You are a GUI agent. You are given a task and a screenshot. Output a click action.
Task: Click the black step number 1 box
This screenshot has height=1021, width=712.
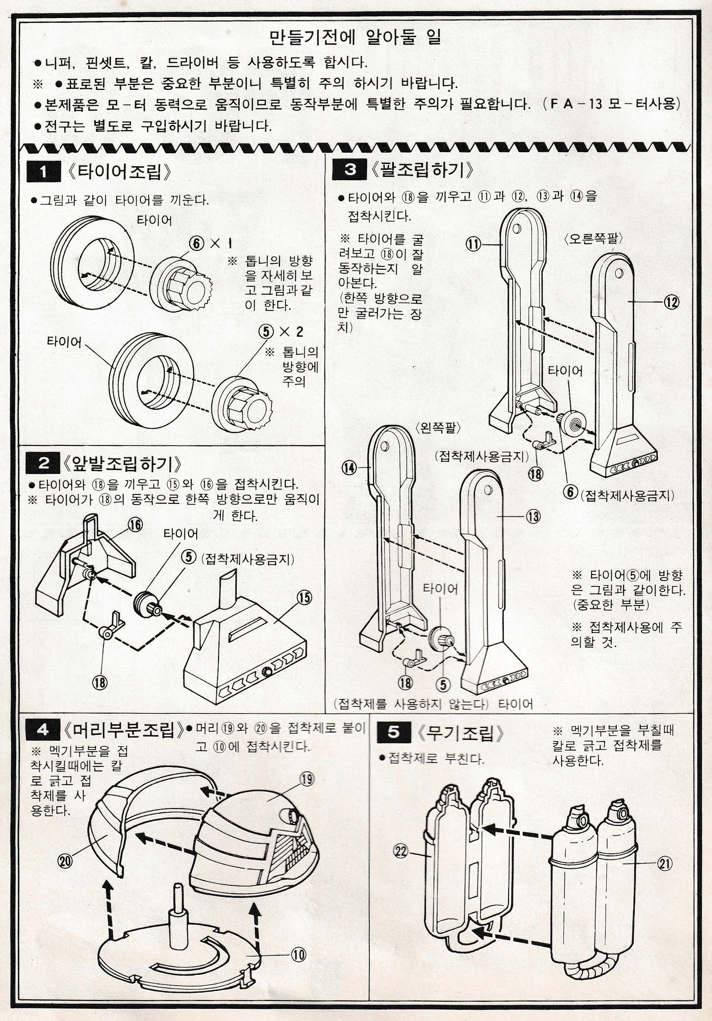tap(44, 171)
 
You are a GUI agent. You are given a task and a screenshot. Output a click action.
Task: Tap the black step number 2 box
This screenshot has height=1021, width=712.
tap(43, 463)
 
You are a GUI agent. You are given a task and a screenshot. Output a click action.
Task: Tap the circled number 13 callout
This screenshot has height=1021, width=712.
tap(533, 516)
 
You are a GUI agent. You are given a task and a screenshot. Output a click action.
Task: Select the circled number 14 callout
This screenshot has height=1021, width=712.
tap(349, 467)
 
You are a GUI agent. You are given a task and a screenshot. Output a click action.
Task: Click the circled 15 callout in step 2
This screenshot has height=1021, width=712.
tap(304, 597)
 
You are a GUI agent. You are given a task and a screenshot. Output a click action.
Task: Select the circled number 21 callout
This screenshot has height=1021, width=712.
tap(664, 864)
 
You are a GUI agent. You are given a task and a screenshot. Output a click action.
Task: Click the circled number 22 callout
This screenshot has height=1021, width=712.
tap(401, 851)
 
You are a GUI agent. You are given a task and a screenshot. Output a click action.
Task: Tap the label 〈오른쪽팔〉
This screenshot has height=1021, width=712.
tap(593, 238)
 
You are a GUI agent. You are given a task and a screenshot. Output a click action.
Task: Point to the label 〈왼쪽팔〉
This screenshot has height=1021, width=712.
tap(438, 428)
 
